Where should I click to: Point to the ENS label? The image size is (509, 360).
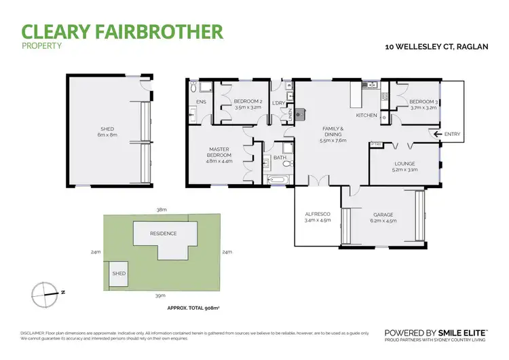(x=201, y=103)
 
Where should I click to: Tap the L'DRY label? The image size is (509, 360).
(x=278, y=103)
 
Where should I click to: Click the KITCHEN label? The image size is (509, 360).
(x=366, y=115)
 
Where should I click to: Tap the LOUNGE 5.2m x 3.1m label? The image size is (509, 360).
(x=404, y=166)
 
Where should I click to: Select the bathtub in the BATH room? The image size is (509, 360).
(x=279, y=180)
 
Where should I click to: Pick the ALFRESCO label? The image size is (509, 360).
(x=318, y=217)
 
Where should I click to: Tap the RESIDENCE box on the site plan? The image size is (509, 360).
(x=164, y=234)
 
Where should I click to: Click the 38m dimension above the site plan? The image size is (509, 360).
(x=162, y=210)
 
